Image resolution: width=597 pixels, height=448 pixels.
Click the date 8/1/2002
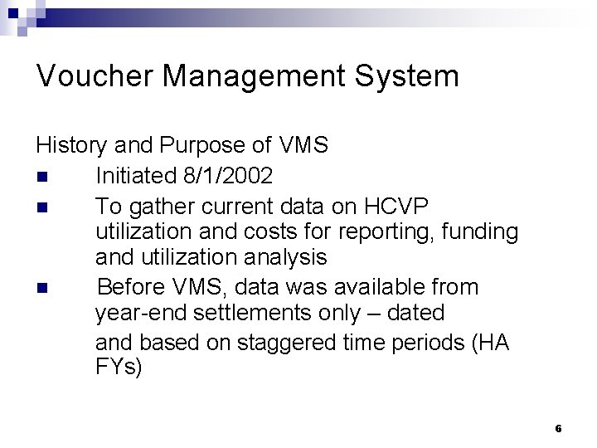point(225,176)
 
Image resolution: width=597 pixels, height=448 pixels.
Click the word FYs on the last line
point(119,368)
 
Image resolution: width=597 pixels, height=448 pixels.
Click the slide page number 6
point(558,429)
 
